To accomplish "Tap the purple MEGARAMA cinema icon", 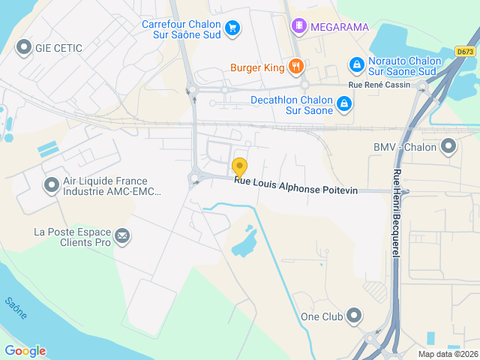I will coord(299,27).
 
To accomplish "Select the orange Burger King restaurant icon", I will coord(296,67).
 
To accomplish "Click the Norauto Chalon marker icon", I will coord(357,66).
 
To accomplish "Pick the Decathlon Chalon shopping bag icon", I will coord(343,103).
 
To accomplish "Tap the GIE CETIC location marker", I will coord(23,48).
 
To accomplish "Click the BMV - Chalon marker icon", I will coord(448,146).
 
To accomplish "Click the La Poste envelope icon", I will coord(121,237).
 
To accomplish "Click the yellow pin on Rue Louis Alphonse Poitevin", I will coord(240,167).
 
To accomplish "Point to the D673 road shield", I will coord(466,52).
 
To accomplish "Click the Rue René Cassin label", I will coord(379,85).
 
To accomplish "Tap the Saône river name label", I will coord(16,307).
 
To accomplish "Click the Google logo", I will coord(25,351).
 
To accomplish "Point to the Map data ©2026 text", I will coord(447,354).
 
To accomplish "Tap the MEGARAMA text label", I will coord(340,27).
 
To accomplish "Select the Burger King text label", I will coord(257,67).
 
